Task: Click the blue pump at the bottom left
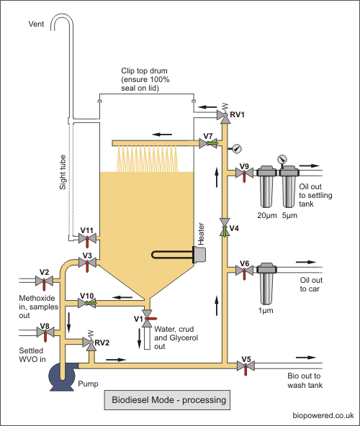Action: point(62,376)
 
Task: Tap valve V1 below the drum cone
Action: point(148,318)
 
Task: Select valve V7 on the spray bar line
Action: point(208,143)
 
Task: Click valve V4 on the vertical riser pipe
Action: point(225,227)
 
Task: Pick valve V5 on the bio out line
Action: point(246,366)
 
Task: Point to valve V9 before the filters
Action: point(244,173)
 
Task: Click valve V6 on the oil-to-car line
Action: point(244,271)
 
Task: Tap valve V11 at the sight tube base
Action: point(87,239)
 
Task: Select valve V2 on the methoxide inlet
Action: point(44,281)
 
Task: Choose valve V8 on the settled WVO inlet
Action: point(45,332)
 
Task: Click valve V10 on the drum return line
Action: point(87,303)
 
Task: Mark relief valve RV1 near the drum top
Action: point(225,114)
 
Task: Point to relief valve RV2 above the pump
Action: point(90,342)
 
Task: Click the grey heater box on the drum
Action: point(199,255)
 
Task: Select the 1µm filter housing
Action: point(266,284)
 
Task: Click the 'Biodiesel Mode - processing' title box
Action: point(167,400)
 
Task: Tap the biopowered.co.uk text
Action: point(323,416)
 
